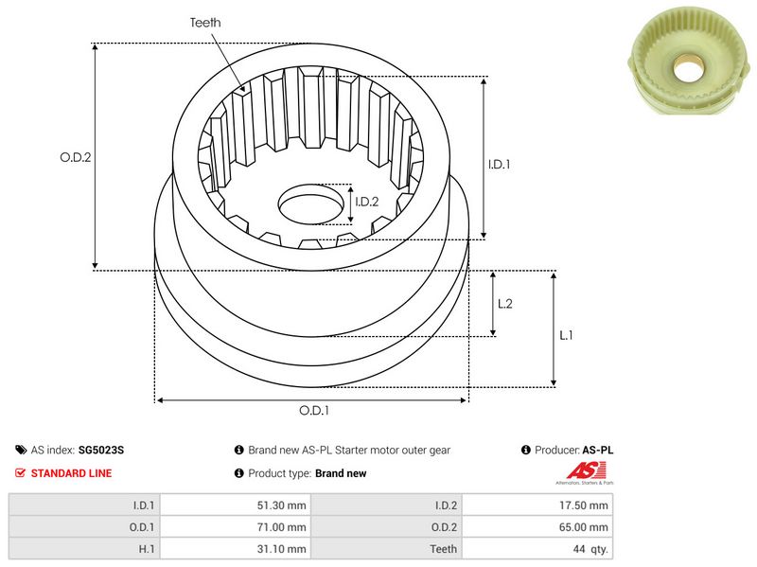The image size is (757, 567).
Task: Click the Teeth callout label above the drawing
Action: coord(205,23)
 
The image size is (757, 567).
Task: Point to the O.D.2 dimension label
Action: coord(76,157)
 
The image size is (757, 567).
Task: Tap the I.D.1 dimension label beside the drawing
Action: coord(499,164)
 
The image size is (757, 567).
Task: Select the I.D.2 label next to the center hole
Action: coord(366,202)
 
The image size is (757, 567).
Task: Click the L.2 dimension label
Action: coord(505,304)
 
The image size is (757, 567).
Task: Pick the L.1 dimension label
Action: coord(566,335)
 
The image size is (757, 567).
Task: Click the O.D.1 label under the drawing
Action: coord(314,411)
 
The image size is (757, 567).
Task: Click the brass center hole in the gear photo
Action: coord(689,69)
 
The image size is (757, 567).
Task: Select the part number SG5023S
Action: coord(101,451)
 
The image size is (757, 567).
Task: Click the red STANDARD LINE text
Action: coord(72,473)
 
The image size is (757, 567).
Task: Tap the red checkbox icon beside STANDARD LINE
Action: coord(20,473)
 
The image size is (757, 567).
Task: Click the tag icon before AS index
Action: coord(21,451)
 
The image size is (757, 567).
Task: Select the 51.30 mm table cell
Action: coord(236,505)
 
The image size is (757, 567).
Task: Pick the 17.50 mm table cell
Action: coord(537,505)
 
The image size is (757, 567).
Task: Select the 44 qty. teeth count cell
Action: coord(537,549)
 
